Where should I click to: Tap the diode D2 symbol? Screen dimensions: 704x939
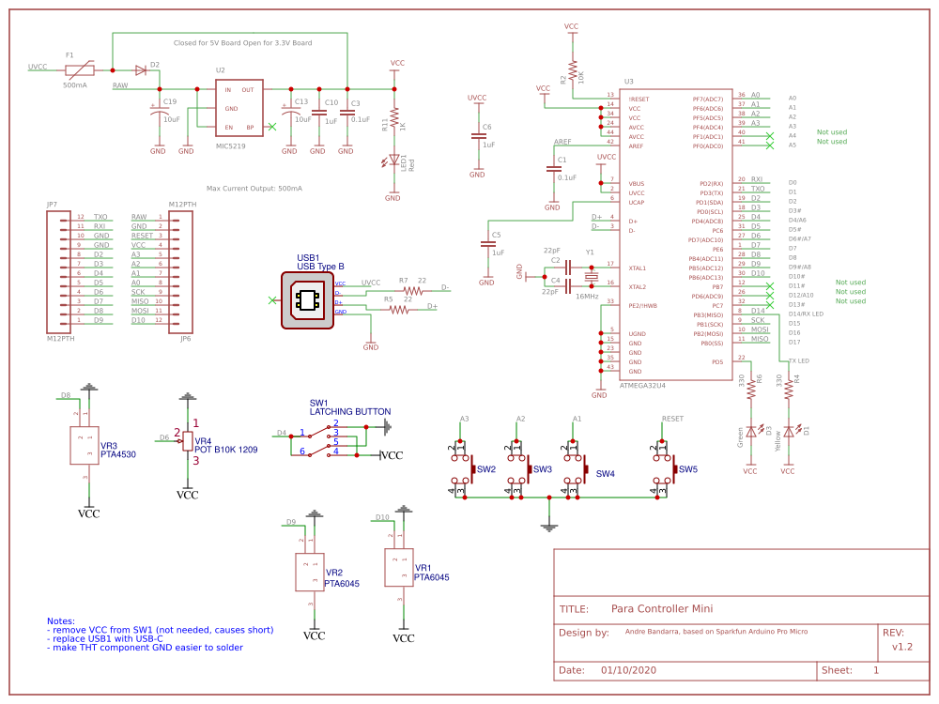coord(141,69)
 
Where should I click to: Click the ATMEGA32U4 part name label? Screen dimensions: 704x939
coord(643,385)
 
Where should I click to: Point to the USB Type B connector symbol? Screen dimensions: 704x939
coord(307,299)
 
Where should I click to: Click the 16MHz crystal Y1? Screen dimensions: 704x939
coord(591,276)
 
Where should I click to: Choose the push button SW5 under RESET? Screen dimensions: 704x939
coord(669,468)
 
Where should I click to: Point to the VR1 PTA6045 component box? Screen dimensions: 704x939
coord(400,568)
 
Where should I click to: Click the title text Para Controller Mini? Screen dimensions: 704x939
coord(661,608)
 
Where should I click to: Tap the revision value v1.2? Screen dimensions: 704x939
coord(901,647)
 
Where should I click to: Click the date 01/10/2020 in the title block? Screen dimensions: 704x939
coord(629,670)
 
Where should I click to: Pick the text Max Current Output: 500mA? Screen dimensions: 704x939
coord(254,188)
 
